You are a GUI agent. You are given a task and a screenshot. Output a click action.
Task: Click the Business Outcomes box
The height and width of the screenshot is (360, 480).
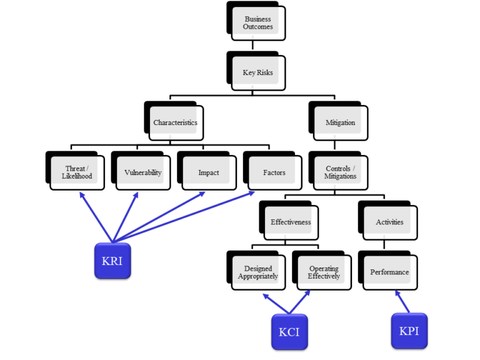[x=257, y=23]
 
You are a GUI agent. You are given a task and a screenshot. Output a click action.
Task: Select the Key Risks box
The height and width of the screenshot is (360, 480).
[x=257, y=72]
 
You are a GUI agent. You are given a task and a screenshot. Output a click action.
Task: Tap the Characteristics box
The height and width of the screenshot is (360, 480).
[x=175, y=122]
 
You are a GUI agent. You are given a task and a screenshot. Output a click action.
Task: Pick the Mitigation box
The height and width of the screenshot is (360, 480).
[x=340, y=122]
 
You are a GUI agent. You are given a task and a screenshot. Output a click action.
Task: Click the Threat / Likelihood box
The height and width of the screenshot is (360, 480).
[x=77, y=172]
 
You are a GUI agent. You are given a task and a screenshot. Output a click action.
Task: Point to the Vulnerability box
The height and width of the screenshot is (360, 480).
[x=142, y=172]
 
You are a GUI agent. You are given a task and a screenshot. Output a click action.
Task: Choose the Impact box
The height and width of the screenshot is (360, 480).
[x=209, y=172]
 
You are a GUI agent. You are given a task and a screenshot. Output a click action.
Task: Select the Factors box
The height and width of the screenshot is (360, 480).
[x=274, y=172]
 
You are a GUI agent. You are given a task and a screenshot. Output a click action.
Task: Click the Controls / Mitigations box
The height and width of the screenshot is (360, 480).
[x=340, y=172]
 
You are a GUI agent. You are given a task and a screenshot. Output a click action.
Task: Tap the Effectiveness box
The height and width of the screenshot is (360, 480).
[x=291, y=222]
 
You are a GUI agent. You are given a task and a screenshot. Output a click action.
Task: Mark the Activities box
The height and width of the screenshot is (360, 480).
[x=389, y=222]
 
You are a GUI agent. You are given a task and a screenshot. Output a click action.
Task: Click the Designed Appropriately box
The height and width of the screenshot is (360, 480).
[x=257, y=272]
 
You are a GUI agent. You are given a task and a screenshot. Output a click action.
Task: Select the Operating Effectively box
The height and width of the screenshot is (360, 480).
[x=324, y=272]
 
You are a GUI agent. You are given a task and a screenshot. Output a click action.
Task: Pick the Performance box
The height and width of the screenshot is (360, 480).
[x=389, y=272]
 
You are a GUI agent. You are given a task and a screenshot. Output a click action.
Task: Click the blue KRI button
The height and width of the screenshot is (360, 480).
[x=112, y=261]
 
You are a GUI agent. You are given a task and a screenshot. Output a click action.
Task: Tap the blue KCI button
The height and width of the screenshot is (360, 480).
[x=289, y=331]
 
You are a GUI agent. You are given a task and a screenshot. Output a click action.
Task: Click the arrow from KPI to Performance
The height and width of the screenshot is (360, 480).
[x=402, y=301]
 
